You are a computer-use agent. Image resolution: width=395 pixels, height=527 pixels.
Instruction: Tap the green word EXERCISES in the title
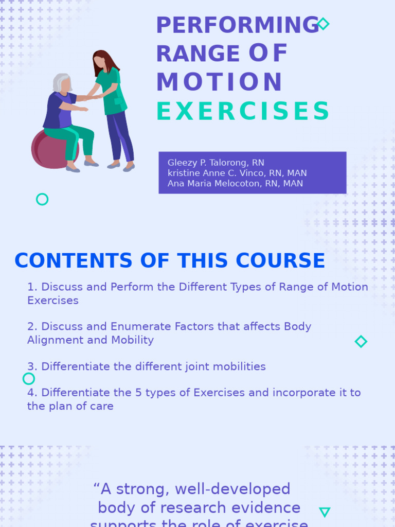click(x=243, y=112)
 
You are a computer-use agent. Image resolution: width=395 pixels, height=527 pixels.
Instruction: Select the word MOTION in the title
click(x=219, y=83)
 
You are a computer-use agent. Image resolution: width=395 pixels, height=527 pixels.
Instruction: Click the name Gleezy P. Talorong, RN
click(x=216, y=163)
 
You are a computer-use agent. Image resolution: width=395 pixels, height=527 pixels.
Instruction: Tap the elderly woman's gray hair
click(x=60, y=82)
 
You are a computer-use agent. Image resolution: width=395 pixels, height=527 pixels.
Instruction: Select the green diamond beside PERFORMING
click(x=323, y=24)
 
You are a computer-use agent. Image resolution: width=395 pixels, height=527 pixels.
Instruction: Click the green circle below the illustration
click(x=42, y=199)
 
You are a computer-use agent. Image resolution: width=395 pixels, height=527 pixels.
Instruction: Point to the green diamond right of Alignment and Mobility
click(x=361, y=341)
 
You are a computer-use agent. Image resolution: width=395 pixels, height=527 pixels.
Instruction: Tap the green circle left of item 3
click(x=29, y=379)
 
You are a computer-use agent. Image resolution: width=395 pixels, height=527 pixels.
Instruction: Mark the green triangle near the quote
click(x=325, y=512)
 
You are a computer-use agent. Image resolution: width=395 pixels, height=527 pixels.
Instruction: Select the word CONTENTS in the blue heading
click(x=73, y=261)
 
